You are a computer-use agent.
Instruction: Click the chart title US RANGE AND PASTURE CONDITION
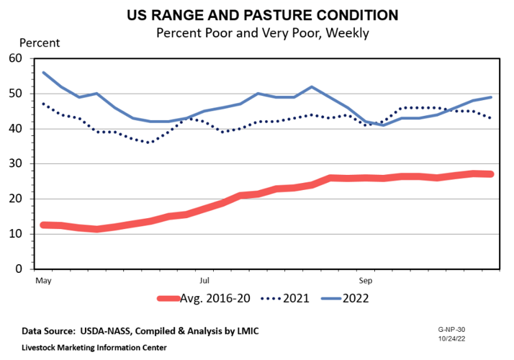256,15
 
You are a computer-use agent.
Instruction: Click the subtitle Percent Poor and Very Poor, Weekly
256,32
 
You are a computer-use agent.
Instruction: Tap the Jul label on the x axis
205,277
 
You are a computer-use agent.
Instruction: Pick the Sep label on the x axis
366,277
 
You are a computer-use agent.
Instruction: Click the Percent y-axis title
39,42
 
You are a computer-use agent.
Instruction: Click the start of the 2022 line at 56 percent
44,73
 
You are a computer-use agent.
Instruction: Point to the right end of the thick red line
490,174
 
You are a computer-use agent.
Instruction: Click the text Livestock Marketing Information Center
94,347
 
